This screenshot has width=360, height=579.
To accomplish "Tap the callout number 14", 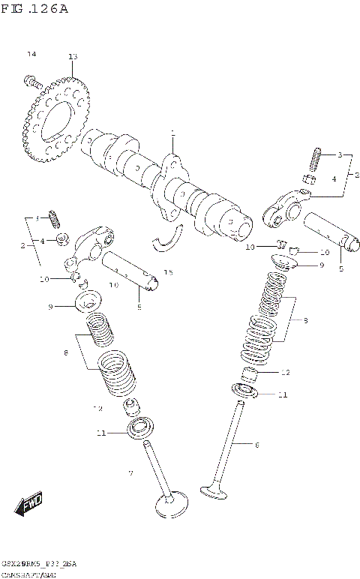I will pyautogui.click(x=31, y=55).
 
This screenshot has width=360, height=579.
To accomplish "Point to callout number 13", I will pyautogui.click(x=72, y=57).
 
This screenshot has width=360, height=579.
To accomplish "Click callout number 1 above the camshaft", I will pyautogui.click(x=172, y=134).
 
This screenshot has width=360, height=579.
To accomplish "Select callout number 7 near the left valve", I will pyautogui.click(x=130, y=473).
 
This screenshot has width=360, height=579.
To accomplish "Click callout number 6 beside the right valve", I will pyautogui.click(x=256, y=445).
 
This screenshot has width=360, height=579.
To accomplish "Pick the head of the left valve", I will pyautogui.click(x=170, y=504).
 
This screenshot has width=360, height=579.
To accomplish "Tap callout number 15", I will pyautogui.click(x=169, y=271).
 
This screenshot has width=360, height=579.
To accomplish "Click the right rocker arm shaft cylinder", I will pyautogui.click(x=330, y=230).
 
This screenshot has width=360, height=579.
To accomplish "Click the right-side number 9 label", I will pyautogui.click(x=322, y=265).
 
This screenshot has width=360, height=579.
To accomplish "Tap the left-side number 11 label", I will pyautogui.click(x=100, y=433).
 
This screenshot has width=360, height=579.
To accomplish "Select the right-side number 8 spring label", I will pyautogui.click(x=306, y=321).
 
